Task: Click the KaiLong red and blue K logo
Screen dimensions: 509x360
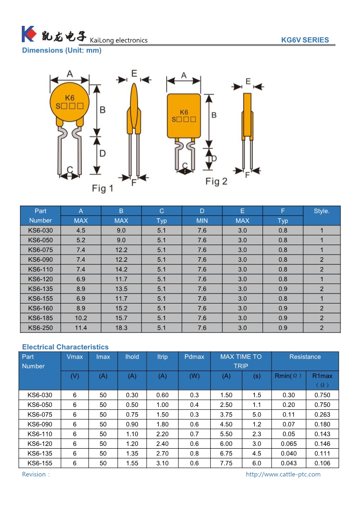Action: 28,34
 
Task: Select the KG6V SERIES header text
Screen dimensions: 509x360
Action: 305,40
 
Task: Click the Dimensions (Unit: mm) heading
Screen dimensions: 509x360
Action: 62,50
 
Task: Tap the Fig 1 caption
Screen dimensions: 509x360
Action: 103,188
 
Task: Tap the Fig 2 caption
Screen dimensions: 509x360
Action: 216,181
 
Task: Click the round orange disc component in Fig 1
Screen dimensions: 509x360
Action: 68,103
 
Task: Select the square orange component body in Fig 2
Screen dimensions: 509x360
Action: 183,116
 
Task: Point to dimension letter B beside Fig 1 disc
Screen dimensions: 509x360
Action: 103,110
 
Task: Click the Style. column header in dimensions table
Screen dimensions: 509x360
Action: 321,211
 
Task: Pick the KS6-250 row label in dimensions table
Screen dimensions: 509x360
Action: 40,328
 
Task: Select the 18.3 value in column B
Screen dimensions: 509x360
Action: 121,328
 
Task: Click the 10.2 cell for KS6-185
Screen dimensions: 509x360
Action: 81,318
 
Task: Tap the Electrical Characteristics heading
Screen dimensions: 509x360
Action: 65,347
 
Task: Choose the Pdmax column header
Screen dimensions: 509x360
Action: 194,357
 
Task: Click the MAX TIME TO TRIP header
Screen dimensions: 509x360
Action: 241,361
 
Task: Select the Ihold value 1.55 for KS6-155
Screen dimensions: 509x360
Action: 132,463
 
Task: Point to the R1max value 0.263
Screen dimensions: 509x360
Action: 322,415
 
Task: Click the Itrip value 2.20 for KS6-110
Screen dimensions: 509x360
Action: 162,434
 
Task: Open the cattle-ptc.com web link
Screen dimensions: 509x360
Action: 283,475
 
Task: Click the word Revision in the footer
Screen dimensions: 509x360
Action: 34,475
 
